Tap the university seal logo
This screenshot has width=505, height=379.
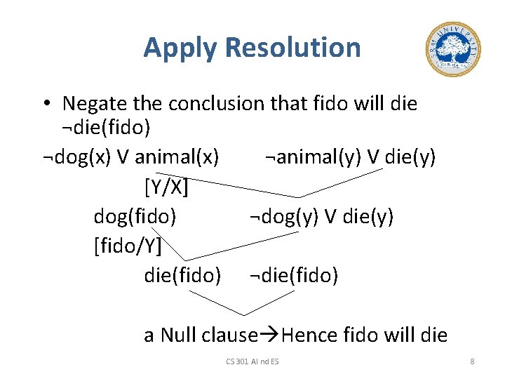[453, 48]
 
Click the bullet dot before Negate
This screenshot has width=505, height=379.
[46, 104]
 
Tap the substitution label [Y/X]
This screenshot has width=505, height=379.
[166, 187]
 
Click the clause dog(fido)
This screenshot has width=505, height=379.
[135, 216]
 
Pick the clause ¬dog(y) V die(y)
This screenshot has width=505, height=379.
[321, 216]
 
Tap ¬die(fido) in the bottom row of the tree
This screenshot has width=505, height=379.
[294, 275]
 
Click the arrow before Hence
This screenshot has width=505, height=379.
[269, 335]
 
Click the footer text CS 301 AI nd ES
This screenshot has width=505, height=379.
[252, 361]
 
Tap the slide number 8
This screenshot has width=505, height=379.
[472, 361]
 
